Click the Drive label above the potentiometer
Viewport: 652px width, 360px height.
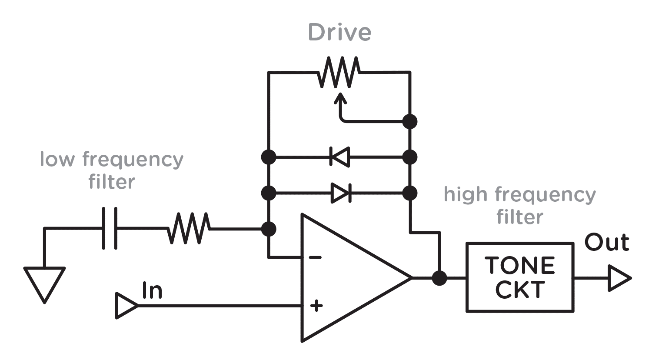pyautogui.click(x=339, y=33)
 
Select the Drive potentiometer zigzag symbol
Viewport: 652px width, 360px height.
pyautogui.click(x=339, y=72)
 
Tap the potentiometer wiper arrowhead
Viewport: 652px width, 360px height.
pyautogui.click(x=340, y=98)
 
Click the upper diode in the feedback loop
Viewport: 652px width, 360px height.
pyautogui.click(x=339, y=157)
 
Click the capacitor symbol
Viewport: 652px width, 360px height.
pyautogui.click(x=110, y=228)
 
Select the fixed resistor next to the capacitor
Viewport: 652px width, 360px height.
pyautogui.click(x=189, y=228)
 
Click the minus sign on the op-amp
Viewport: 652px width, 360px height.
pyautogui.click(x=315, y=257)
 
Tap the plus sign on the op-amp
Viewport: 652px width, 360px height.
pyautogui.click(x=316, y=306)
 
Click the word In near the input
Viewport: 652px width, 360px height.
pyautogui.click(x=152, y=290)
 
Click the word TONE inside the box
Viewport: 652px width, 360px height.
pyautogui.click(x=520, y=265)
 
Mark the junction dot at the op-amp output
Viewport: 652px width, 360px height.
pyautogui.click(x=439, y=278)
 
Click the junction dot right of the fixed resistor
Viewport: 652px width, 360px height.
pyautogui.click(x=269, y=229)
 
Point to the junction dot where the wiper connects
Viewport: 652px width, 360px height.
pyautogui.click(x=410, y=121)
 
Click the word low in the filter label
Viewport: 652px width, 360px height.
pyautogui.click(x=57, y=159)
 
